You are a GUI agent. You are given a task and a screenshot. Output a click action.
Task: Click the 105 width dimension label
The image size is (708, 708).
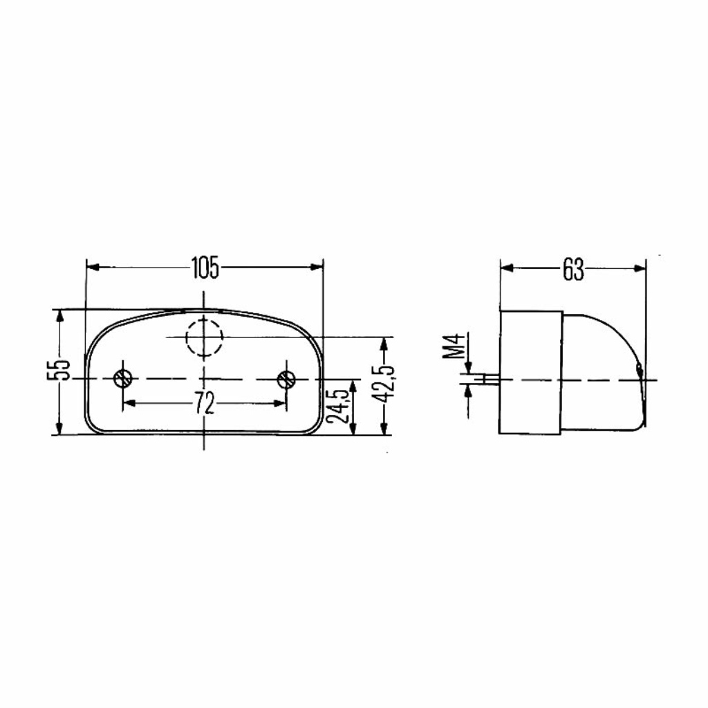pos(205,268)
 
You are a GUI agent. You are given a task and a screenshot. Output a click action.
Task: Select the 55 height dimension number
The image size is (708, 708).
pos(59,370)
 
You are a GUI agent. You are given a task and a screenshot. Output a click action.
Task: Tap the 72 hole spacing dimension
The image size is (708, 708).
pos(204,403)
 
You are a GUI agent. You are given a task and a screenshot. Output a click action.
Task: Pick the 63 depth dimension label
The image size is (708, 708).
pos(573,269)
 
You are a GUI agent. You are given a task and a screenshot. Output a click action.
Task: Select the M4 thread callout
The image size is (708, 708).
pos(454,346)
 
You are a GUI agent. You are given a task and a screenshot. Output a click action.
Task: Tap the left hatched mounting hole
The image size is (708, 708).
pos(122,378)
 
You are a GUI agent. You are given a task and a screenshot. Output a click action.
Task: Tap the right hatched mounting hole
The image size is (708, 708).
pos(286,379)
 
